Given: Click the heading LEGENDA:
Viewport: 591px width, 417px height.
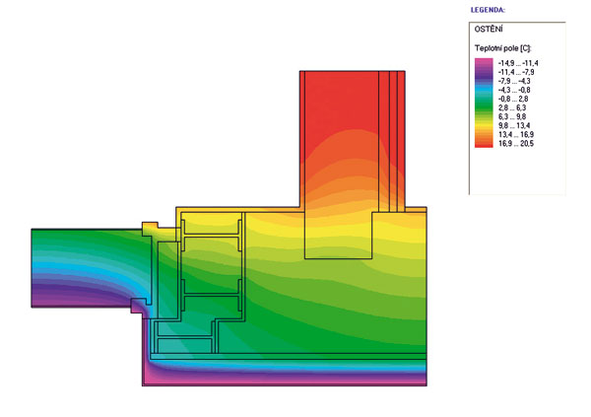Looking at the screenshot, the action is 488,10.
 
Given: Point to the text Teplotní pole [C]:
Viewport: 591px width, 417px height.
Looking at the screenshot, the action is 502,48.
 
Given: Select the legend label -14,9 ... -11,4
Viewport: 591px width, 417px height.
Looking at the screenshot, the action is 518,63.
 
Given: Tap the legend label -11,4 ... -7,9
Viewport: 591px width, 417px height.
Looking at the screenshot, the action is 516,72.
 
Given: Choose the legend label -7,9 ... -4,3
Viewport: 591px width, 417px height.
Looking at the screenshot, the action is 514,81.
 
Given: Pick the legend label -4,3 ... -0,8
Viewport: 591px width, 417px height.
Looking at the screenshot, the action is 514,90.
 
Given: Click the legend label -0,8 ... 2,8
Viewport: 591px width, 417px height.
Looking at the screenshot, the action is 513,99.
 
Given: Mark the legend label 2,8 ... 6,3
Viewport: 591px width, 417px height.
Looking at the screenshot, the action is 512,107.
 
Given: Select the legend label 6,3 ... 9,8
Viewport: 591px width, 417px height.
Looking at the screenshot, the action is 512,116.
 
